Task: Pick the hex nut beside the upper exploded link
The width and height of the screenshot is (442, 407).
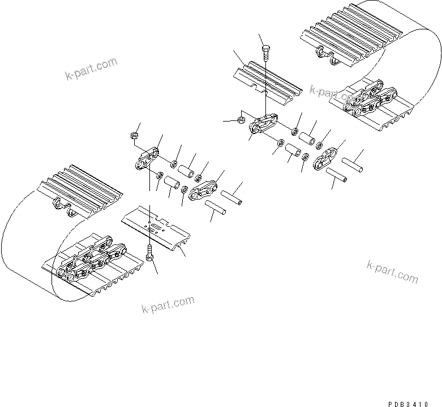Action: pyautogui.click(x=240, y=120)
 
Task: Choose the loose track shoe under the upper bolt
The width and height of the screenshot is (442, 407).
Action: pyautogui.click(x=265, y=80)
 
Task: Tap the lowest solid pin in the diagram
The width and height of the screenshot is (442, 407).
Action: pyautogui.click(x=216, y=209)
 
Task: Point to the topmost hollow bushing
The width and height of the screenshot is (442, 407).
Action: pyautogui.click(x=307, y=138)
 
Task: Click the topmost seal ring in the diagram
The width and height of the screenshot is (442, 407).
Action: pyautogui.click(x=294, y=132)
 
